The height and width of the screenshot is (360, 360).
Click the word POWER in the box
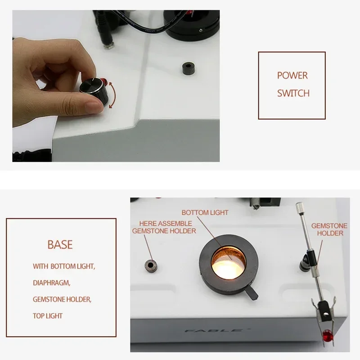pos(292,76)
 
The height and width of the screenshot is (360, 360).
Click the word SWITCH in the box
pos(293,93)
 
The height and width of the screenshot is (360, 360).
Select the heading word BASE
pos(60,245)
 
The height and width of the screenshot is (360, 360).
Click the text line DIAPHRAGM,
pos(51,283)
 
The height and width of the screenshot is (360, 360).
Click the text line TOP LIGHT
pos(48,316)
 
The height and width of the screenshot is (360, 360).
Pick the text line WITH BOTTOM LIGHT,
pos(63,266)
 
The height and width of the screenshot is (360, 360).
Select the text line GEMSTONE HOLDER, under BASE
pos(64,299)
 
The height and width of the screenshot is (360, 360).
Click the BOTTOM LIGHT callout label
pos(205,212)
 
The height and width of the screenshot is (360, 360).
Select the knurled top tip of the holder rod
pos(299,207)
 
